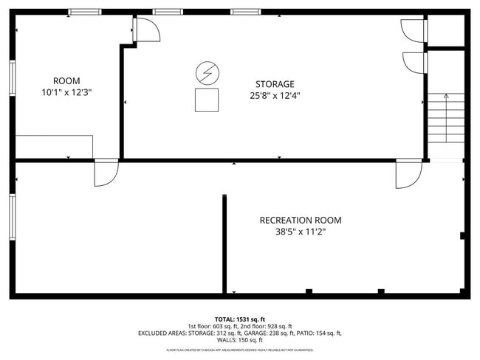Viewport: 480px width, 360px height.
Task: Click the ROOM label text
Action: click(x=66, y=81)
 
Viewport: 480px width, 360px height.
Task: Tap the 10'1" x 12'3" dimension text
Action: click(x=66, y=93)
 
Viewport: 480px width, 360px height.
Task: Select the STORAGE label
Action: click(x=275, y=84)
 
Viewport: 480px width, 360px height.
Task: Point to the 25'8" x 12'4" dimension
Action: click(x=275, y=95)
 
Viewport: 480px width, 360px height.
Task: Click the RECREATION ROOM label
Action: click(x=300, y=220)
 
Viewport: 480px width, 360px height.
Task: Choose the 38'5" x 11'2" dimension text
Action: click(x=300, y=232)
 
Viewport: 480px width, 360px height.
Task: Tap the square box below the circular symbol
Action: click(x=206, y=100)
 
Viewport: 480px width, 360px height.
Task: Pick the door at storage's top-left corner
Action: click(x=145, y=30)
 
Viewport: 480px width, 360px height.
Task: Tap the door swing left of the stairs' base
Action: click(x=408, y=174)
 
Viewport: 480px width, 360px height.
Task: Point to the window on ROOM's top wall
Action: click(x=85, y=12)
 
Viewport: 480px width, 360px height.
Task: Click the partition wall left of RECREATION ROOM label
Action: click(x=224, y=243)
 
